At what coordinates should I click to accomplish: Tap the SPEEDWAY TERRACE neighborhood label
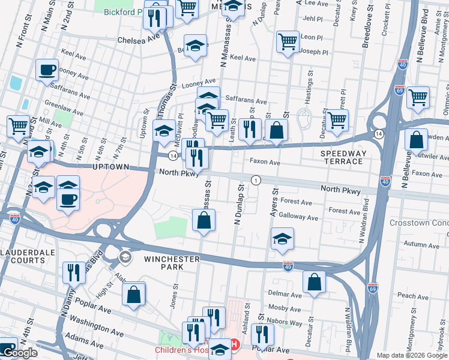[344, 158]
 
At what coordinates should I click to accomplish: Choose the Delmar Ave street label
[285, 295]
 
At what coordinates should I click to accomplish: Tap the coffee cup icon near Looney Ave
[47, 70]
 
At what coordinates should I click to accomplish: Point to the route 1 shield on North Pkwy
[256, 180]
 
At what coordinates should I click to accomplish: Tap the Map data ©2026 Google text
[411, 355]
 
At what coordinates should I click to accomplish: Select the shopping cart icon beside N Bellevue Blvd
[418, 97]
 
